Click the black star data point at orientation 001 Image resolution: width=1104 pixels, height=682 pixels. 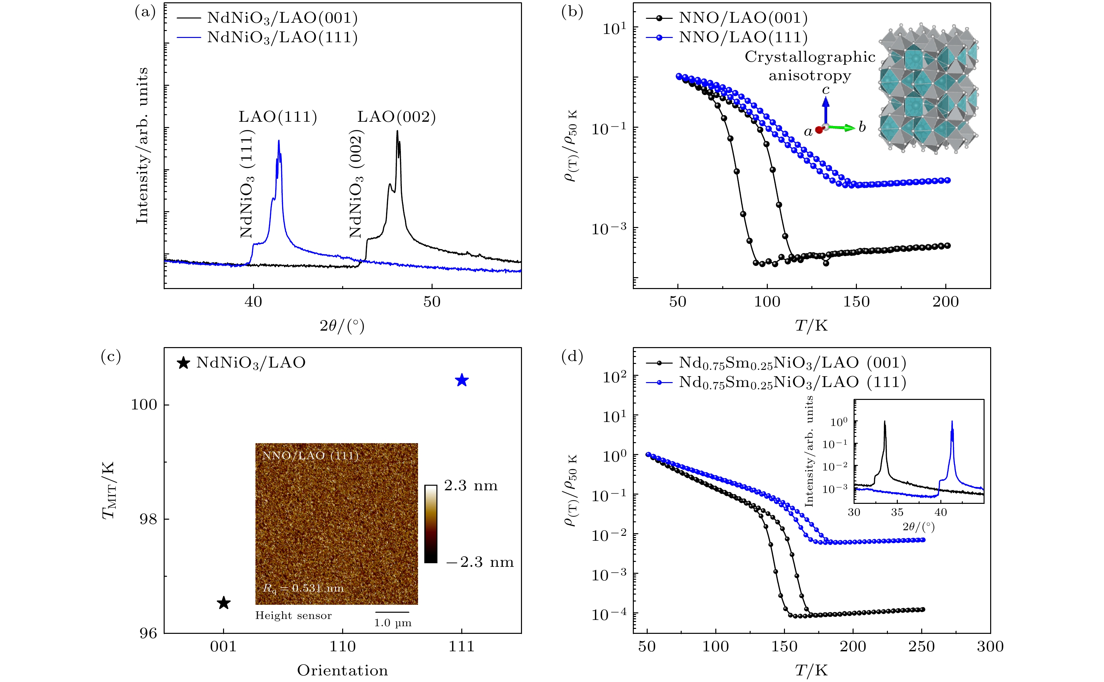(224, 603)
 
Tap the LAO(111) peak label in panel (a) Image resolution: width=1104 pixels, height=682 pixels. (278, 117)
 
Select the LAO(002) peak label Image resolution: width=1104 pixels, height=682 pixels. (396, 117)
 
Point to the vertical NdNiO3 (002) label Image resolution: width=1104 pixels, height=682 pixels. (356, 183)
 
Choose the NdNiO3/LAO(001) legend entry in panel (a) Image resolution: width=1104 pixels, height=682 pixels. (282, 17)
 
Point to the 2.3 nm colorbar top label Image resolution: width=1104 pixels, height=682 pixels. (471, 486)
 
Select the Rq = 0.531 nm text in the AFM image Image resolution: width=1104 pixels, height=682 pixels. (303, 588)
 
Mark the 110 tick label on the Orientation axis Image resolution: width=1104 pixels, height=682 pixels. (342, 646)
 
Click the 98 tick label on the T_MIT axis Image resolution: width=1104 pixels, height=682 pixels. (144, 519)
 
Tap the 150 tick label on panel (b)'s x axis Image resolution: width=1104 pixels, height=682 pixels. (856, 301)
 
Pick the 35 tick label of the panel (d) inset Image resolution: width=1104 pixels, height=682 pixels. (897, 512)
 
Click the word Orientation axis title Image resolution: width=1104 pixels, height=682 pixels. (342, 670)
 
